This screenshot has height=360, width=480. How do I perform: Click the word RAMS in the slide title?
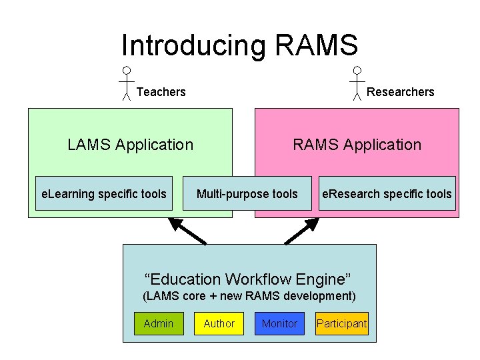[316, 45]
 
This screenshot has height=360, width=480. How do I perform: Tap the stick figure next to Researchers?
[357, 83]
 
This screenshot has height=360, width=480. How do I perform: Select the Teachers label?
[161, 92]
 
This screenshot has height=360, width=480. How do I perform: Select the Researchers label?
[400, 92]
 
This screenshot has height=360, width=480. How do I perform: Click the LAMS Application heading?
[131, 145]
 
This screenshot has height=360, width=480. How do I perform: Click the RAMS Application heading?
[357, 145]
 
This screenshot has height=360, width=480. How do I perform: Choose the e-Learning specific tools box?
[104, 194]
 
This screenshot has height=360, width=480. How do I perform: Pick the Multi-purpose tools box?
[247, 194]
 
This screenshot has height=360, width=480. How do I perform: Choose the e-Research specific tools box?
[387, 194]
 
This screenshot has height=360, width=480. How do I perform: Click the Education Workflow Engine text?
[248, 279]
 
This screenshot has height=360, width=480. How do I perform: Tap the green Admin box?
[159, 323]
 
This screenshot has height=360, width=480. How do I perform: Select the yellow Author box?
[219, 323]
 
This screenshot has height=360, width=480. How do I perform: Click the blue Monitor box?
[279, 323]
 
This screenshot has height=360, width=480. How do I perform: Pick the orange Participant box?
[341, 323]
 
